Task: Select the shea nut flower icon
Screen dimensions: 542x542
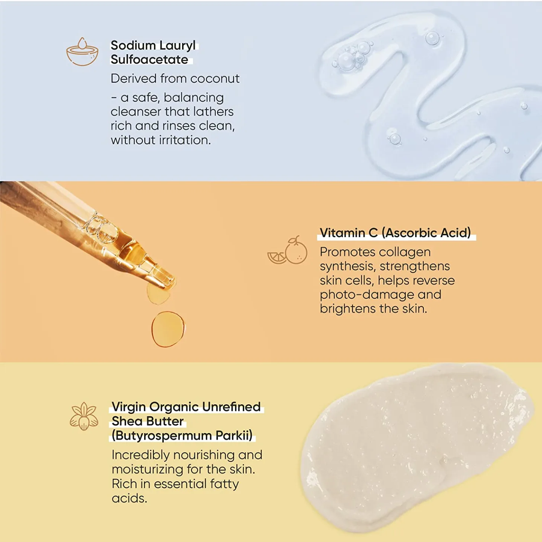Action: pos(84,416)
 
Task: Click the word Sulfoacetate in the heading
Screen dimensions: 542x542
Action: pos(149,59)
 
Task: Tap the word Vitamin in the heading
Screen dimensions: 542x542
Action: pos(342,233)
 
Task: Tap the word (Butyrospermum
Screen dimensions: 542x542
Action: pos(162,435)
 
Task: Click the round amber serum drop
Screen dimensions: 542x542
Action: pos(168,329)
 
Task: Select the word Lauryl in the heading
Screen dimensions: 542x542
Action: pos(177,46)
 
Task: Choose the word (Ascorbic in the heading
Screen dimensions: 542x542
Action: pos(409,233)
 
